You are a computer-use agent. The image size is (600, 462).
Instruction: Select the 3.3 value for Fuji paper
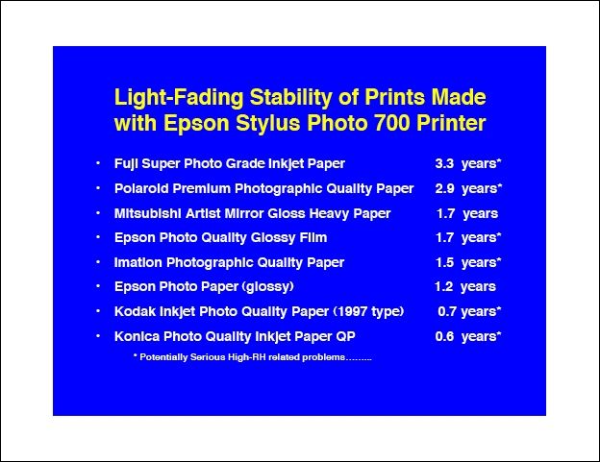click(x=444, y=163)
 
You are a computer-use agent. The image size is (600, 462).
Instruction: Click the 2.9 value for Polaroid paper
click(x=444, y=188)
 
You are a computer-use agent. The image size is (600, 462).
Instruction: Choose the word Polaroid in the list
click(x=140, y=188)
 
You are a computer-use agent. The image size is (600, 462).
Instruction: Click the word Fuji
click(x=126, y=164)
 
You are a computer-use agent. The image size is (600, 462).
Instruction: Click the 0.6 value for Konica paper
click(x=444, y=336)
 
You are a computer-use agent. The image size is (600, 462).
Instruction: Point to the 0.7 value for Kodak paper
click(x=447, y=311)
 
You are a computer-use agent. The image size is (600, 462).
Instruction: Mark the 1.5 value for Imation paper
click(x=444, y=262)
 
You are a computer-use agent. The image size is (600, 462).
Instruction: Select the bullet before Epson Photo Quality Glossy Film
click(x=98, y=237)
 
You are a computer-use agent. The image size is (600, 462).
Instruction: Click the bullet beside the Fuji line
click(x=98, y=163)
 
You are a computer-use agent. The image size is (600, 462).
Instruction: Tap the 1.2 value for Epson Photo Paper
click(x=444, y=286)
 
